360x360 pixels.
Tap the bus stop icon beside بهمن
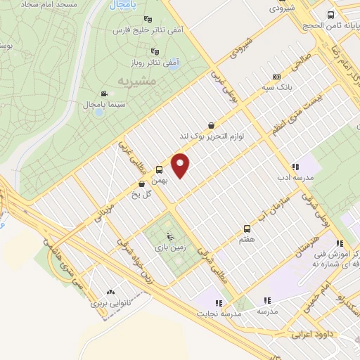[159, 169]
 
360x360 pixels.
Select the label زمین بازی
[166, 248]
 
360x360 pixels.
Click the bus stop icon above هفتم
[247, 229]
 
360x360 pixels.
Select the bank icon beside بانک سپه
[276, 77]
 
